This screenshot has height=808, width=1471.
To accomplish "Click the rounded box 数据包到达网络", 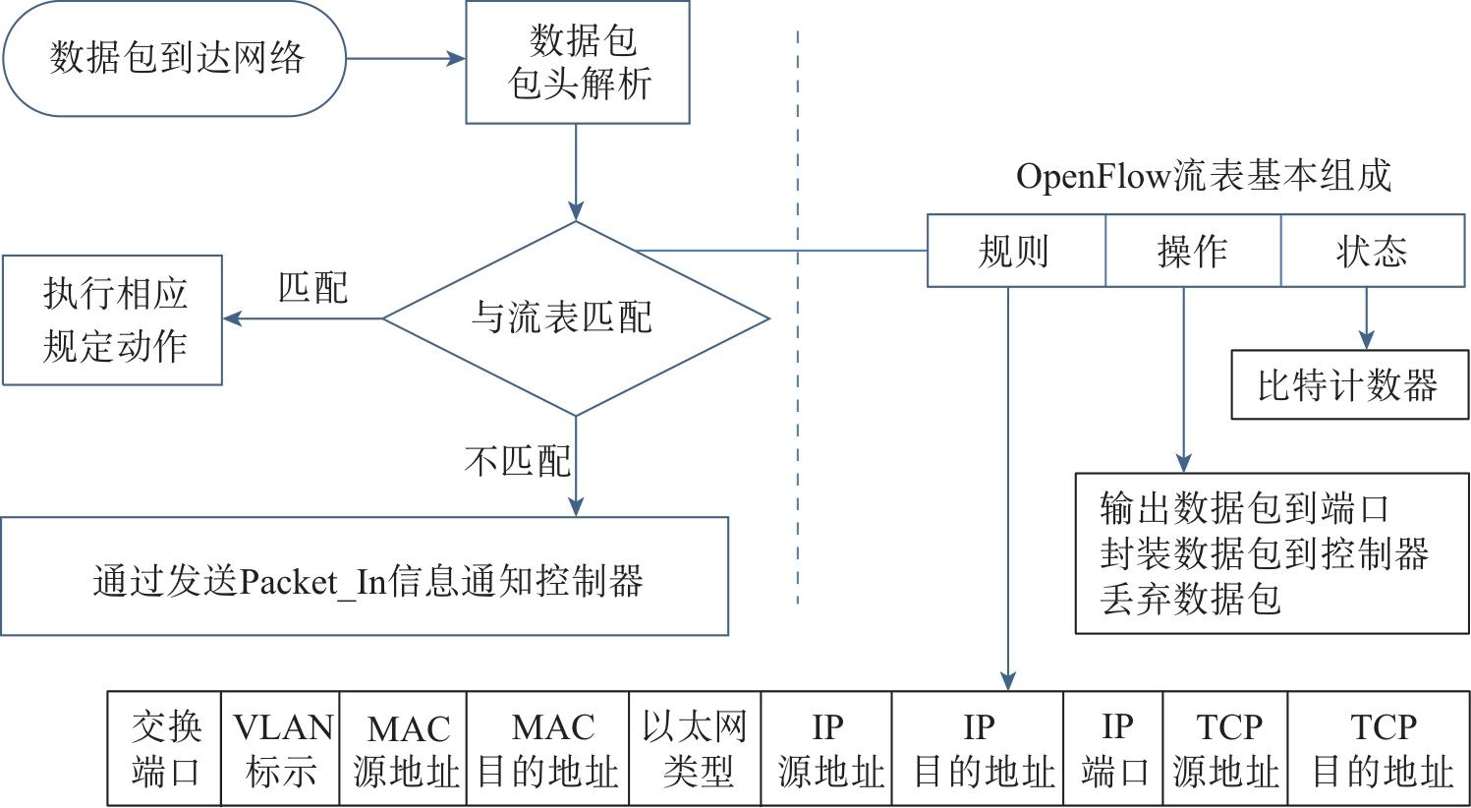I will [175, 59].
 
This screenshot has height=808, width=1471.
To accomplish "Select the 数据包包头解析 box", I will [578, 62].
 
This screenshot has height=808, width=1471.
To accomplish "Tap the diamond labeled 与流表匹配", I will [576, 317].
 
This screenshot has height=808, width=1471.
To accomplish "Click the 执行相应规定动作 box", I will [113, 319].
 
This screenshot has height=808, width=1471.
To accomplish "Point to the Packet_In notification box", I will [365, 577].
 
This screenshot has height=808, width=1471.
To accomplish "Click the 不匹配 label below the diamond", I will [517, 460].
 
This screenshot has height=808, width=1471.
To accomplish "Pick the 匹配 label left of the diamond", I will [312, 288].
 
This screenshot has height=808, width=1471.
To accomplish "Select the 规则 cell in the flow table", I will [1016, 252].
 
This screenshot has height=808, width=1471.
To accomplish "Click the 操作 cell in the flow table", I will [1193, 252].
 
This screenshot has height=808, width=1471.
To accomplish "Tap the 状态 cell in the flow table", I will [1372, 252].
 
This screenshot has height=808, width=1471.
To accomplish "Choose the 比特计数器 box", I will [1348, 385].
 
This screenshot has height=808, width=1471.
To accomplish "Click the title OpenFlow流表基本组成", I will [1204, 177].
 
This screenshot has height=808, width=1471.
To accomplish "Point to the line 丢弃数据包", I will [1191, 598].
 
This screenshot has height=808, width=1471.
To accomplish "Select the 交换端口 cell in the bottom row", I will [165, 749].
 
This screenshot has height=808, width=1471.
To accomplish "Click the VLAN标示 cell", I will [282, 749].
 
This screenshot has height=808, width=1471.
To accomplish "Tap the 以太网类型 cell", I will [695, 749].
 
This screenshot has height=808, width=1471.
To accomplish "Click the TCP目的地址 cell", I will [1382, 749].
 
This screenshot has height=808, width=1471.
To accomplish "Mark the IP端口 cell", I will [1114, 749].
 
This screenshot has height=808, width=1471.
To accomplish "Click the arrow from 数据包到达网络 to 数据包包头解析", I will [405, 59].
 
